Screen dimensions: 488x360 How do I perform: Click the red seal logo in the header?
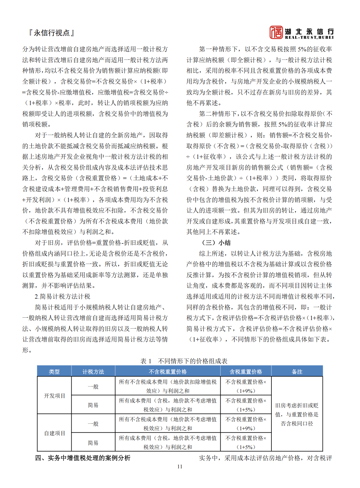(x=276, y=32)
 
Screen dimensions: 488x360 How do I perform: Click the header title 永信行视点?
(x=51, y=33)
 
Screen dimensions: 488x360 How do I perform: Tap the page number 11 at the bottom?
(x=180, y=467)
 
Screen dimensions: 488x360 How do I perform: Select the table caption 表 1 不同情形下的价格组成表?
(x=184, y=361)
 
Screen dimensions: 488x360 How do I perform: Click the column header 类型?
(x=54, y=372)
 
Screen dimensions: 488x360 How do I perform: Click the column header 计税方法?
(x=93, y=372)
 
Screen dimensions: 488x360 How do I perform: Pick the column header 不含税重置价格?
(x=168, y=372)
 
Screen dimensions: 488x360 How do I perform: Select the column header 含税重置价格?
(x=246, y=372)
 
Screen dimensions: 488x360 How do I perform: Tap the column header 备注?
(x=297, y=372)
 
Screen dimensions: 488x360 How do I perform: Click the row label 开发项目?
(x=54, y=396)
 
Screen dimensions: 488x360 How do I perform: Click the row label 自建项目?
(x=54, y=433)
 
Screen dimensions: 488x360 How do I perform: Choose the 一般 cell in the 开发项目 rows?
(x=93, y=387)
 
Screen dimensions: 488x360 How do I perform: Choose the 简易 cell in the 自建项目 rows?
(x=93, y=443)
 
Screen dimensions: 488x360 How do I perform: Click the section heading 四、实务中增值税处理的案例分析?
(x=83, y=458)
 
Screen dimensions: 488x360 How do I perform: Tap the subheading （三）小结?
(x=216, y=243)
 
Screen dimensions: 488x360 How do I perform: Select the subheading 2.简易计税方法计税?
(x=62, y=297)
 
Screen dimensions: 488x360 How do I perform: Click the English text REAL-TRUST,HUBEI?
(x=309, y=37)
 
